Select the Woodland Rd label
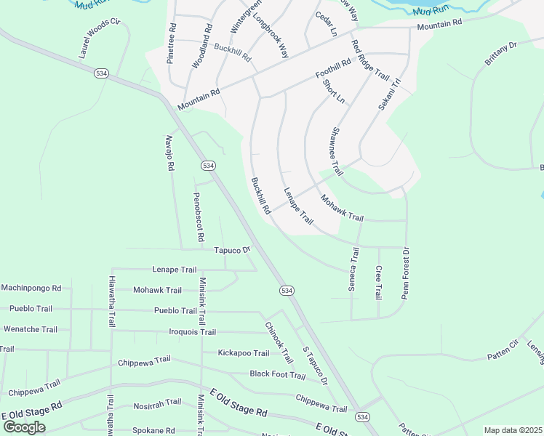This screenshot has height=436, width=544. tap(201, 47)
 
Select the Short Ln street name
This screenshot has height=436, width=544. tap(334, 92)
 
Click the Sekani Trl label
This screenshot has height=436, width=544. tap(390, 94)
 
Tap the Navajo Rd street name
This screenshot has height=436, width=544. tap(170, 153)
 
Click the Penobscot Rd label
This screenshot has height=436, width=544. tap(198, 217)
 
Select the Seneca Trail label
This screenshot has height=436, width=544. tap(354, 270)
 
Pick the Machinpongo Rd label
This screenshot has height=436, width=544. tap(31, 288)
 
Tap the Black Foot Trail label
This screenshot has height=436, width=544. tap(278, 375)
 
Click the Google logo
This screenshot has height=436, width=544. tap(25, 427)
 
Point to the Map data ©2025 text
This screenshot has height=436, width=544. tap(513, 430)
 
